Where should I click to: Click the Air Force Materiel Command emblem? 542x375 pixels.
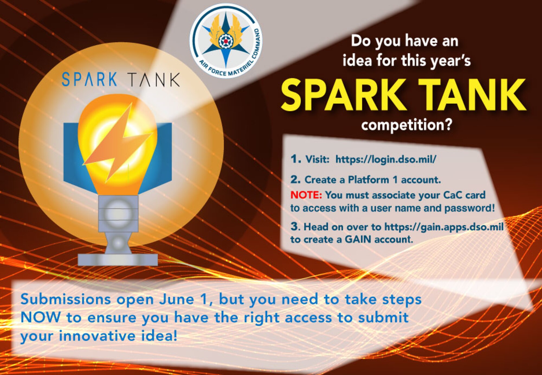pyautogui.click(x=226, y=41)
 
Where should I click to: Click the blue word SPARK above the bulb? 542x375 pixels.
pyautogui.click(x=89, y=79)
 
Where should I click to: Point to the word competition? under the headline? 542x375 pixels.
pyautogui.click(x=407, y=125)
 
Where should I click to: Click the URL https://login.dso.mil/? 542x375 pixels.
pyautogui.click(x=386, y=159)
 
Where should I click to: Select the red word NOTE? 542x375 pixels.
pyautogui.click(x=306, y=195)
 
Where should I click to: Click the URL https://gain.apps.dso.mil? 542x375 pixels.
pyautogui.click(x=444, y=227)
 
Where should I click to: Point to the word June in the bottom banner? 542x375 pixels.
pyautogui.click(x=176, y=300)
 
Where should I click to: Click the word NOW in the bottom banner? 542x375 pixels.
pyautogui.click(x=41, y=318)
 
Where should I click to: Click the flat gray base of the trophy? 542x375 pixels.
pyautogui.click(x=118, y=260)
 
